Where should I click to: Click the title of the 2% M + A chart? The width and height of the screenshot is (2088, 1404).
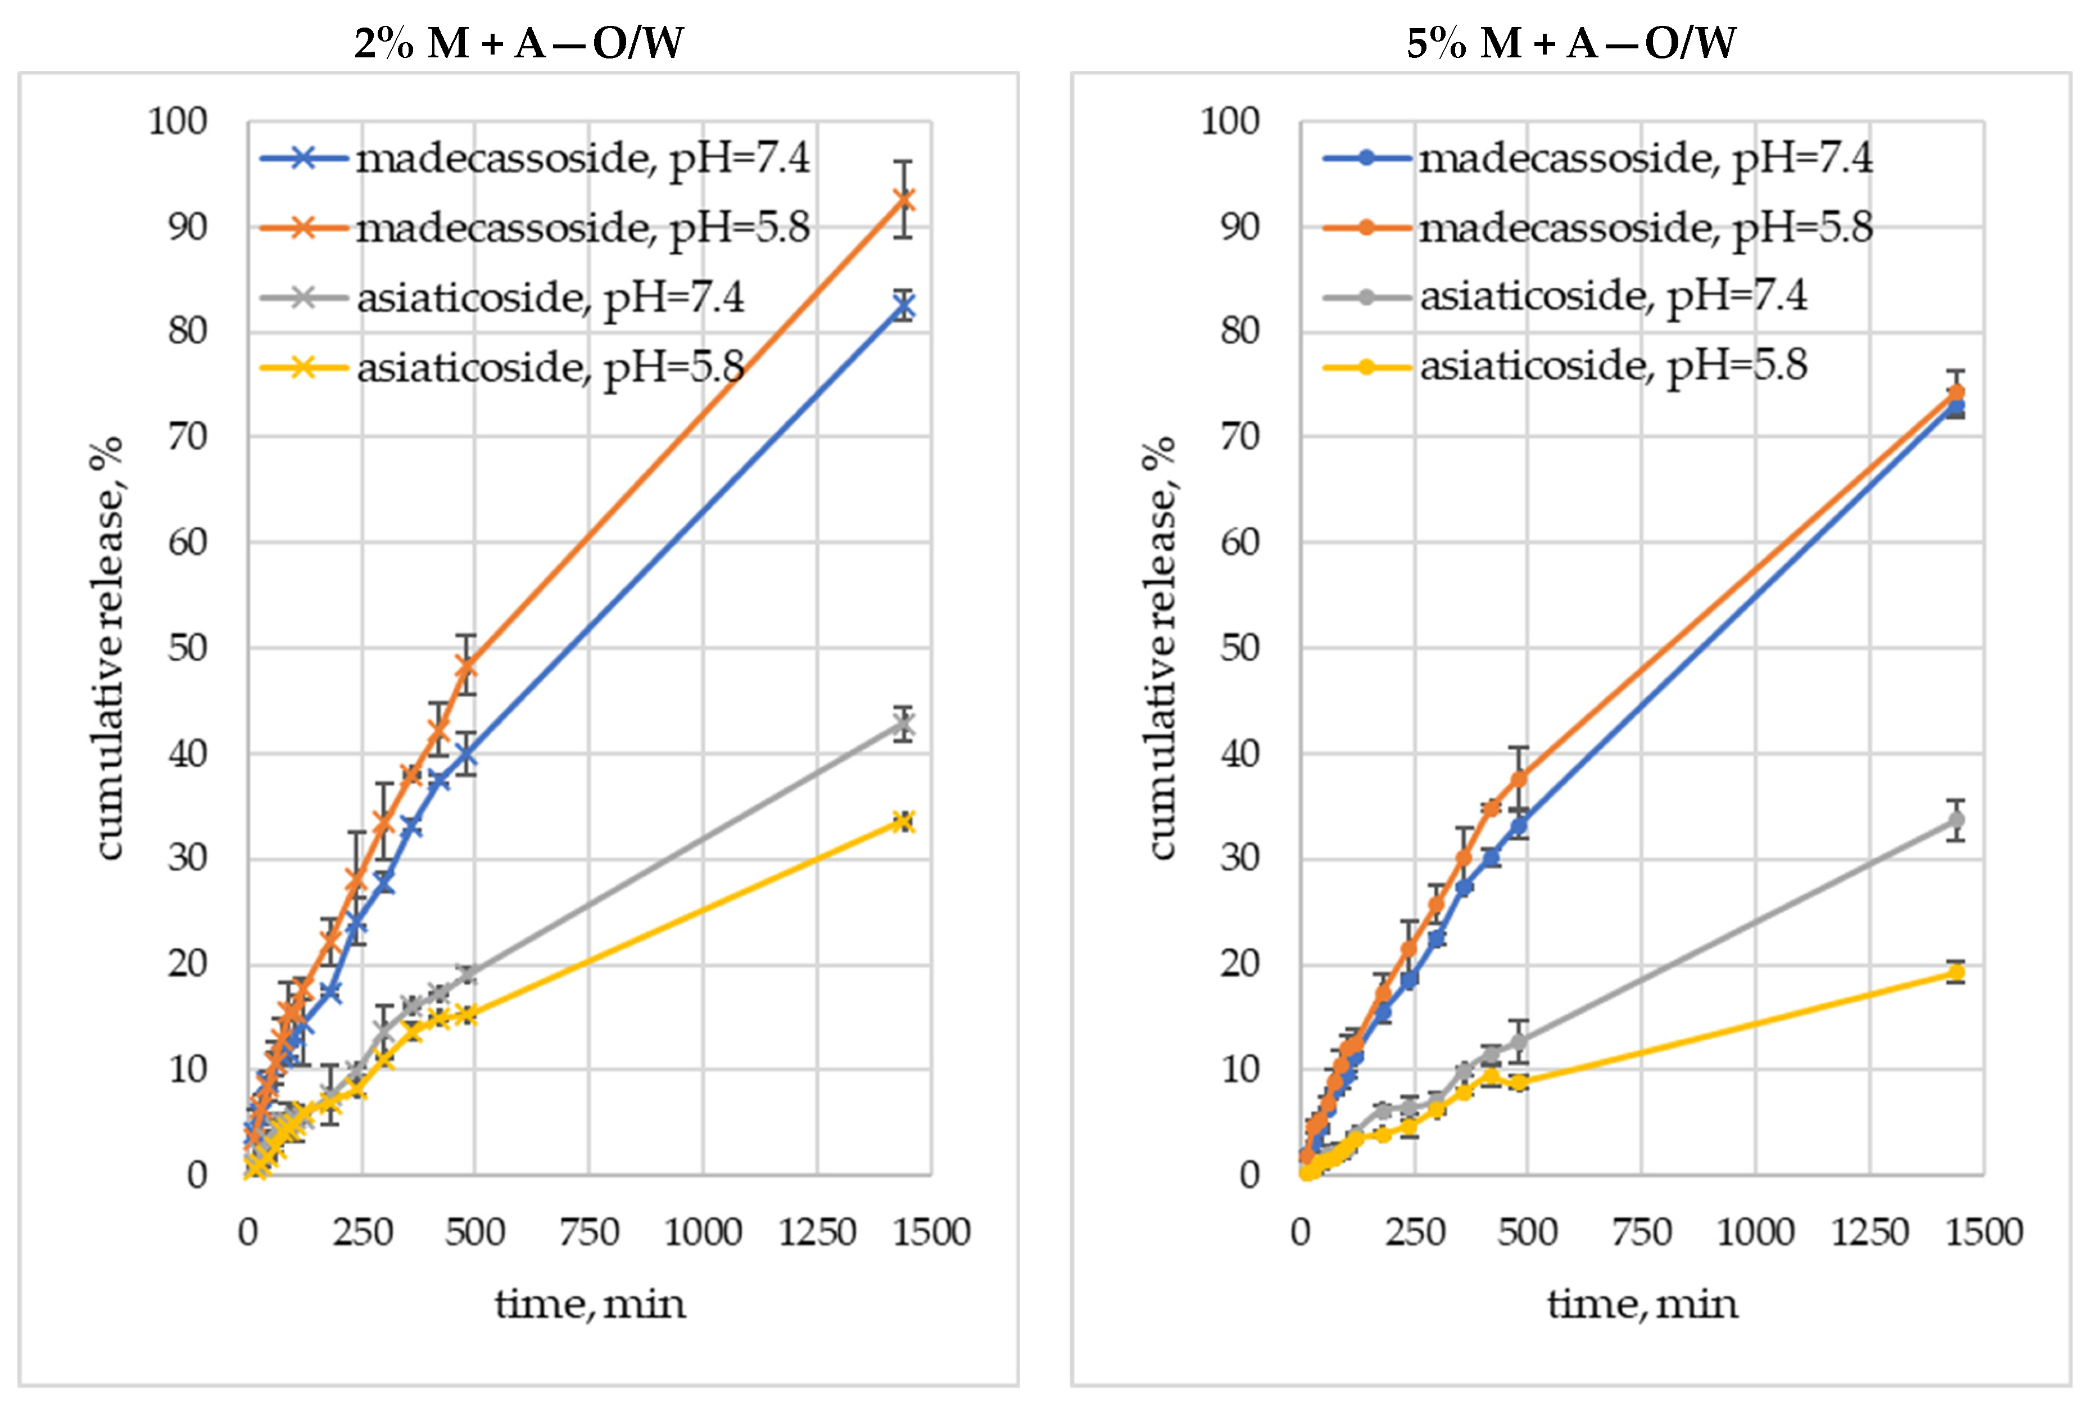[x=519, y=43]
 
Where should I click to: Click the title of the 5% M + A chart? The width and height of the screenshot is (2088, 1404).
[x=1571, y=43]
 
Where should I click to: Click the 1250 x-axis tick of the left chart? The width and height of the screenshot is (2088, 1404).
[x=817, y=1233]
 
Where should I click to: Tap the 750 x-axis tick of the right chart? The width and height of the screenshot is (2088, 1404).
[x=1641, y=1233]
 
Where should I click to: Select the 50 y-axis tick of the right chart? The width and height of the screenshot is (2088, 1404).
[x=1239, y=648]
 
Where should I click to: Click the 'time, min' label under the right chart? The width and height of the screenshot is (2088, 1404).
[x=1642, y=1304]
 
